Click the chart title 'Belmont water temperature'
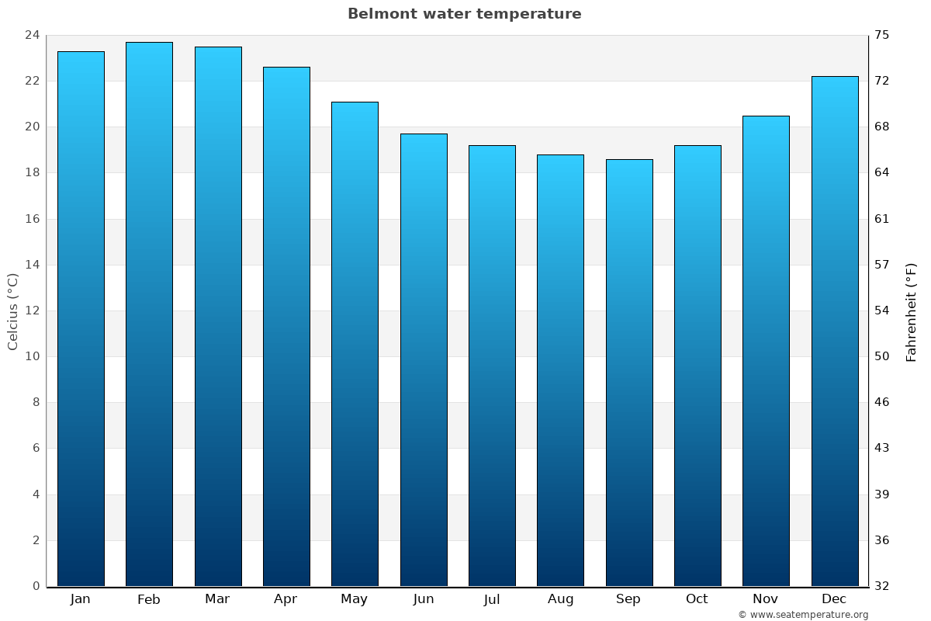(x=464, y=14)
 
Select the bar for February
(x=149, y=314)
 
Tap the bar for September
(x=629, y=373)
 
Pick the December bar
(x=835, y=331)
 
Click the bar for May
(x=355, y=344)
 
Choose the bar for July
(x=492, y=366)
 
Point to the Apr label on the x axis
(x=286, y=599)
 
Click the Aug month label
(x=560, y=599)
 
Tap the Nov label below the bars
(x=765, y=599)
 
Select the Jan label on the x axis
(x=81, y=599)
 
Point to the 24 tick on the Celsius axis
(x=33, y=35)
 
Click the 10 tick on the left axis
(x=33, y=356)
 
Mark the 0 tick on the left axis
(x=36, y=586)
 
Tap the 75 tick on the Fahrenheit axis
(x=882, y=35)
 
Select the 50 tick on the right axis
(x=882, y=356)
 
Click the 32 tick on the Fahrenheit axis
(x=882, y=586)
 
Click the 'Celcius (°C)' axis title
(x=13, y=310)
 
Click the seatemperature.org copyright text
(x=803, y=615)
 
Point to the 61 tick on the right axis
(x=882, y=219)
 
